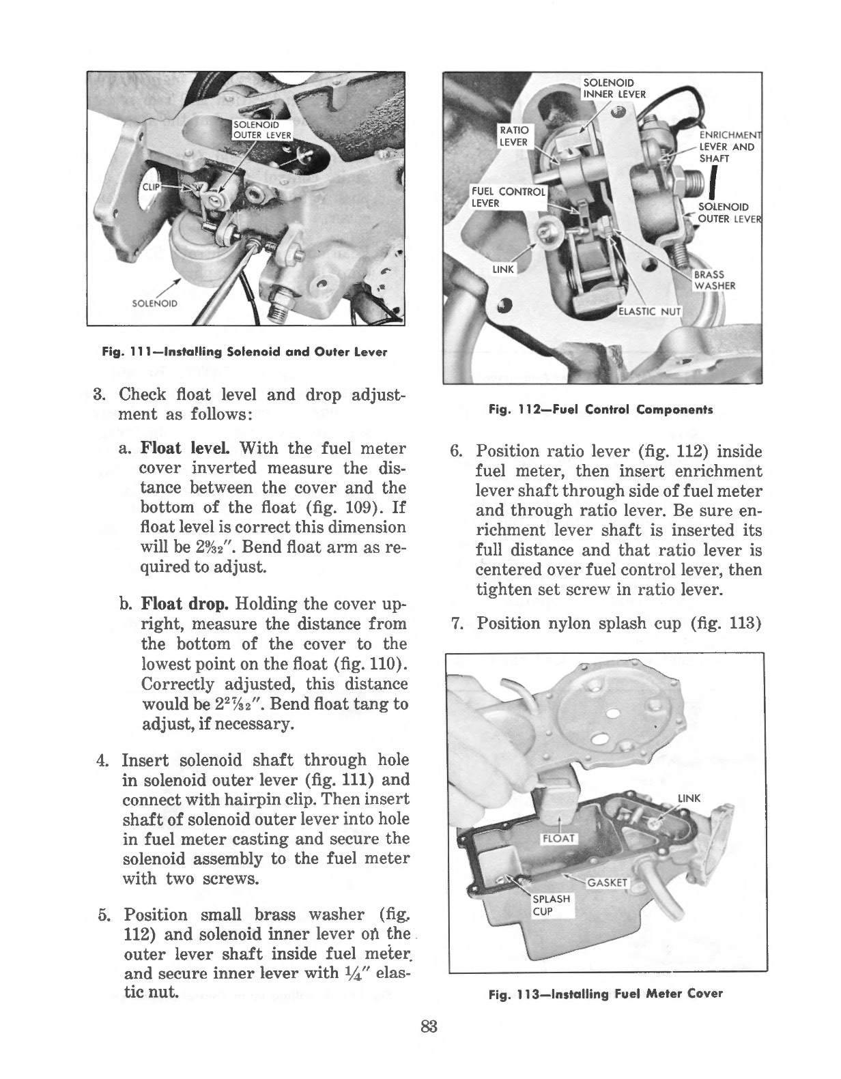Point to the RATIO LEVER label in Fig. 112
point(514,136)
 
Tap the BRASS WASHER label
point(714,280)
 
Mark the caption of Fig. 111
point(244,352)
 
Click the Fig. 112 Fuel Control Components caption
point(601,410)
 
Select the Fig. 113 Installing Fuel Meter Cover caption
point(605,994)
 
